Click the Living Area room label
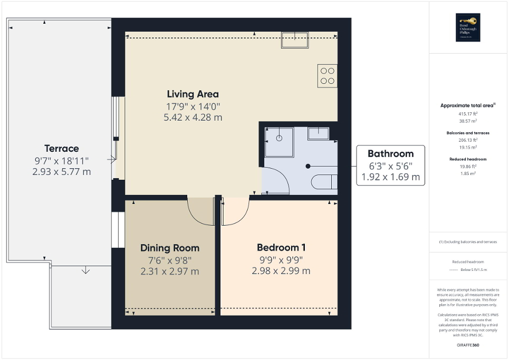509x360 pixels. click(x=193, y=94)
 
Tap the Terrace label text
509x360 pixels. click(x=61, y=149)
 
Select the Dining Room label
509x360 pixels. click(x=170, y=248)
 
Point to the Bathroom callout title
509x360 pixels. click(x=390, y=154)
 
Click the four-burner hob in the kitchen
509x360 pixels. click(x=327, y=75)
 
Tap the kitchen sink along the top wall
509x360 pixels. click(x=294, y=40)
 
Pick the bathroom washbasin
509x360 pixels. click(x=319, y=133)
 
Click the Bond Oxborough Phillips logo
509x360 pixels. click(x=467, y=27)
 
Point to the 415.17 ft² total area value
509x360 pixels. click(x=468, y=113)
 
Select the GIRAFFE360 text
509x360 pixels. click(x=468, y=345)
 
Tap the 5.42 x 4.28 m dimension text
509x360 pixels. click(x=193, y=118)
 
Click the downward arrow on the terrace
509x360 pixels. click(x=85, y=271)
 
